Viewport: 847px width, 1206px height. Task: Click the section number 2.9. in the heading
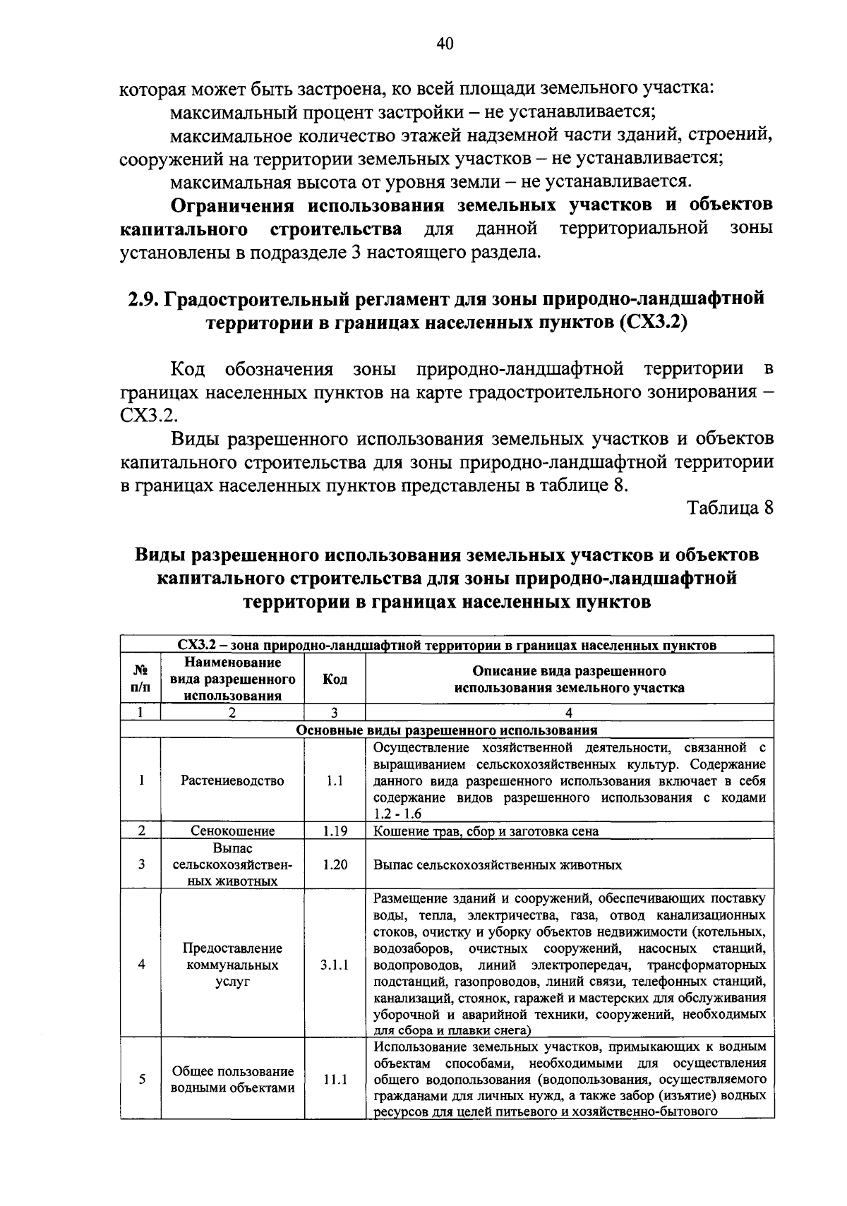143,299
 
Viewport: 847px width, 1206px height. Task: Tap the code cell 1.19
335,831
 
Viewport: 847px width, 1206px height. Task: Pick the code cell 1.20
335,864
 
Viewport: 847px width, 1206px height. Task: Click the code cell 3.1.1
335,964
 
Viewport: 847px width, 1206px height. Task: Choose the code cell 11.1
335,1079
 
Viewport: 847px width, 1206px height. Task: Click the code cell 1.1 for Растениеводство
335,780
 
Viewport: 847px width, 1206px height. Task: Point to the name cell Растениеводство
232,780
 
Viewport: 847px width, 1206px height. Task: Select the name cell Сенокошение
232,831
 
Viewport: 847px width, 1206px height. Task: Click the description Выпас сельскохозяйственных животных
497,864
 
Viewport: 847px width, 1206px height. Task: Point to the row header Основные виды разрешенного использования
447,730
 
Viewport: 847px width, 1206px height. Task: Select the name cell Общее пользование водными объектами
232,1079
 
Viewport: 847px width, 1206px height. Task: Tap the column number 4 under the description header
569,713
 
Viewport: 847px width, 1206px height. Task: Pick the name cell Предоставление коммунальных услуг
232,964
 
